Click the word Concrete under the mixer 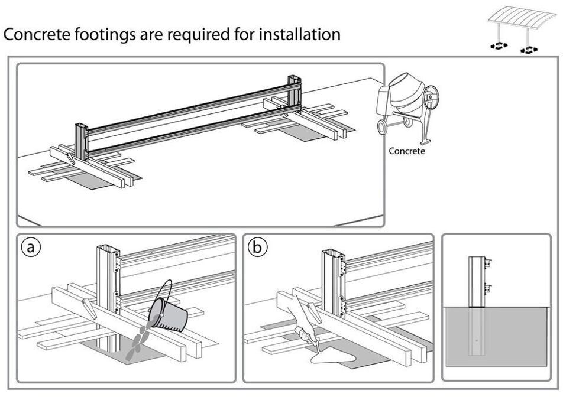coord(406,151)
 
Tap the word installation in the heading coord(297,34)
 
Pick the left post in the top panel coord(81,141)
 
